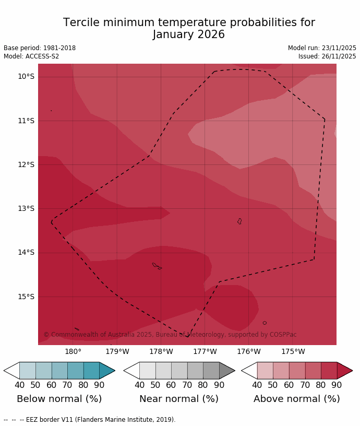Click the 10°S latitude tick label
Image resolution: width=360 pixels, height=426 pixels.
coord(26,77)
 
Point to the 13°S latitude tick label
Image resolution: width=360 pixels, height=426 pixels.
coord(26,209)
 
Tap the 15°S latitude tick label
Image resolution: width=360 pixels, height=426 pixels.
coord(26,297)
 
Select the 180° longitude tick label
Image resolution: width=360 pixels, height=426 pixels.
coord(73,352)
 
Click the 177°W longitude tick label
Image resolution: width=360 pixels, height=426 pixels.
coord(205,352)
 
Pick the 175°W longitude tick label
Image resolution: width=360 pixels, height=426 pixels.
coord(293,352)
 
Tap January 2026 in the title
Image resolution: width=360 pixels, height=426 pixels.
coord(189,35)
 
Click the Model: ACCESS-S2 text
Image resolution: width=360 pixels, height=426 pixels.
coord(31,56)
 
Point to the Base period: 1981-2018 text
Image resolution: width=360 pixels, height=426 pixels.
coord(40,48)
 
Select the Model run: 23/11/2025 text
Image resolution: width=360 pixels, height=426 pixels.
coord(322,48)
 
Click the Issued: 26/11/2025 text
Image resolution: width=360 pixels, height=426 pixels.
coord(327,56)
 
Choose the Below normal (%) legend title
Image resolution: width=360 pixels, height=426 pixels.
coord(59,399)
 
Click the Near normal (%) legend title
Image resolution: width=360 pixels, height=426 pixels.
coord(179,399)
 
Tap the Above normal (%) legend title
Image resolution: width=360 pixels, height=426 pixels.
coord(296,399)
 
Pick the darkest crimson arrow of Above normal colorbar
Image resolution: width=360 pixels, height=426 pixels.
coord(344,371)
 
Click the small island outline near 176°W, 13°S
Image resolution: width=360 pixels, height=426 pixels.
coord(239,221)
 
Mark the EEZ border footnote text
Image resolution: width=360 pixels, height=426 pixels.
coord(89,420)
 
